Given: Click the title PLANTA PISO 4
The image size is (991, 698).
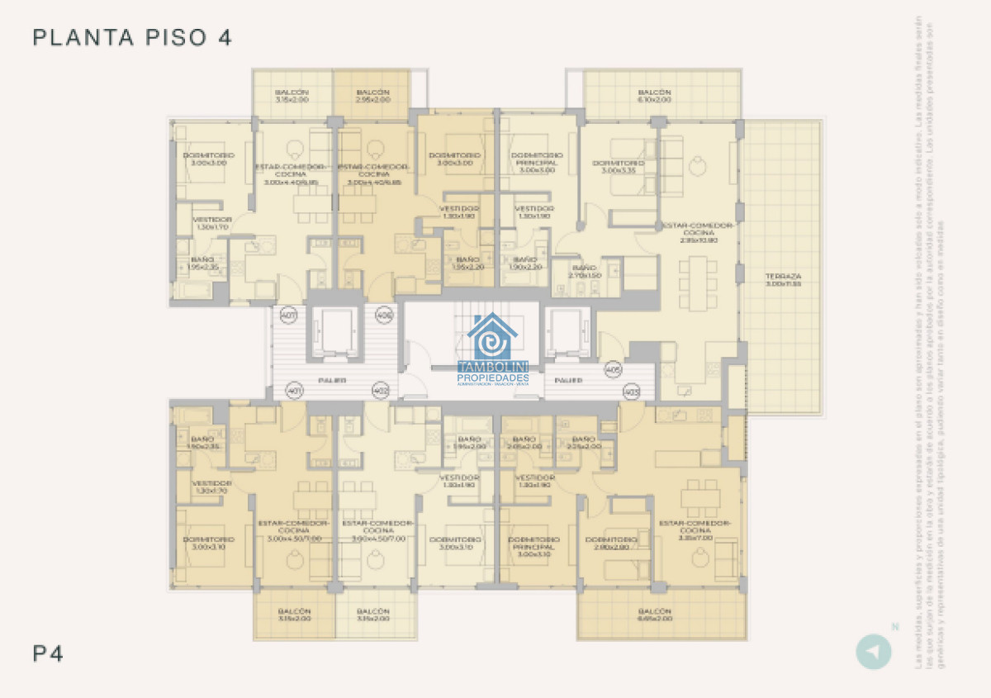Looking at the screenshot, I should (132, 38).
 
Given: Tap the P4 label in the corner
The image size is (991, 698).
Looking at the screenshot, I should (48, 653).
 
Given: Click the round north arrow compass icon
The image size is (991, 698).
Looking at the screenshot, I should (873, 651).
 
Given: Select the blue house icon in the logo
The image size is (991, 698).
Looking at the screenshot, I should (492, 337).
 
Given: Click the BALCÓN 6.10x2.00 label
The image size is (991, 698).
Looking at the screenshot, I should (654, 96).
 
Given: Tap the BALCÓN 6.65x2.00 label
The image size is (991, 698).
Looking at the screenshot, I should (654, 615).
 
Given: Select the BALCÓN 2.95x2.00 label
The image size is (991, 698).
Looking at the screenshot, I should (372, 96).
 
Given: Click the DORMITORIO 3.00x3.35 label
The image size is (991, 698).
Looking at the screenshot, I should (618, 167).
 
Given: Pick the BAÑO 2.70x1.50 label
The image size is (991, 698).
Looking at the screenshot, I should (584, 272).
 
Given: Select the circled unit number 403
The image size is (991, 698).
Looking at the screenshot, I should (632, 392).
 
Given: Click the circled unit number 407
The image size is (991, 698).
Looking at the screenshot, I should (288, 316).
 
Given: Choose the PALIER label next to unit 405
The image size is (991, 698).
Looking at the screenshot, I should (568, 381).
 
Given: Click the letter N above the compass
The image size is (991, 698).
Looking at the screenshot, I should (894, 626).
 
